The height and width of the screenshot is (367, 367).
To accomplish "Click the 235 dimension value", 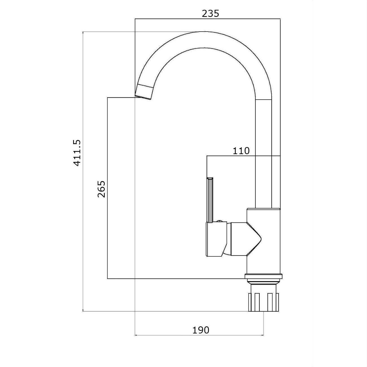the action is click(210, 14).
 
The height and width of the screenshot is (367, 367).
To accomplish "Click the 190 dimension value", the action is click(201, 330).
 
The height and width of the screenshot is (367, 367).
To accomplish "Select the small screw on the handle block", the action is click(220, 221).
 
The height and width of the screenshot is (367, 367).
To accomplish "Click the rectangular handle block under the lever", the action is click(216, 239).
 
